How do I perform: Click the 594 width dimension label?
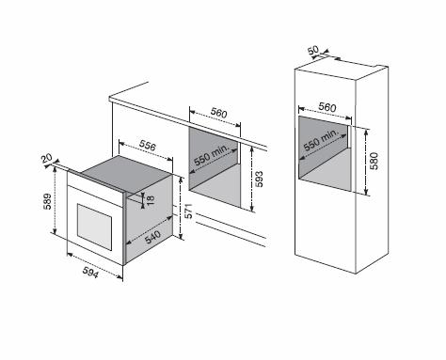pyautogui.click(x=90, y=272)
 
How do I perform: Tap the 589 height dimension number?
pyautogui.click(x=47, y=201)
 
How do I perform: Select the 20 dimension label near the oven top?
pyautogui.click(x=46, y=158)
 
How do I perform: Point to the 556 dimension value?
pyautogui.click(x=148, y=145)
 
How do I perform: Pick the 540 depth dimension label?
pyautogui.click(x=153, y=237)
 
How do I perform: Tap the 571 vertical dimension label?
pyautogui.click(x=188, y=211)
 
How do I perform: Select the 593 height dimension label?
pyautogui.click(x=259, y=179)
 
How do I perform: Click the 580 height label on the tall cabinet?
pyautogui.click(x=374, y=161)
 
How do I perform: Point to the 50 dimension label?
pyautogui.click(x=313, y=50)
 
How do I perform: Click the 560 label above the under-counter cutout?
pyautogui.click(x=218, y=113)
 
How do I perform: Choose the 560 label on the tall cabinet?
pyautogui.click(x=327, y=107)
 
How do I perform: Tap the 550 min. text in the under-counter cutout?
pyautogui.click(x=212, y=155)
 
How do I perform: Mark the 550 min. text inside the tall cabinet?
pyautogui.click(x=322, y=140)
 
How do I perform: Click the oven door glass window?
pyautogui.click(x=94, y=227)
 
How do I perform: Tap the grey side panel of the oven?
pyautogui.click(x=149, y=219)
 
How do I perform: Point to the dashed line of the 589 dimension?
pyautogui.click(x=55, y=200)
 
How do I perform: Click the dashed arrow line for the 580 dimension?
pyautogui.click(x=366, y=162)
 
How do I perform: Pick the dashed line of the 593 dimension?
pyautogui.click(x=252, y=179)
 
